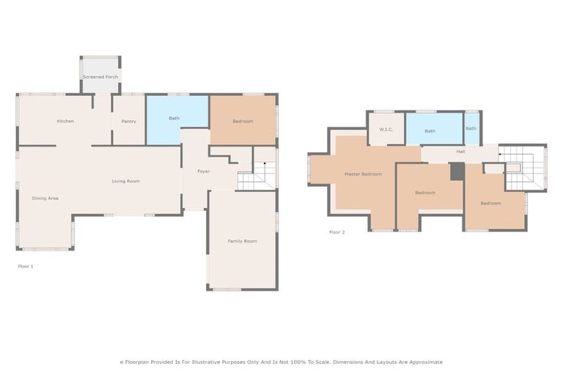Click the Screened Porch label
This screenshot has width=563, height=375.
pos(100,76)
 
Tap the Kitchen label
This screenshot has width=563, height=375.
pos(65,121)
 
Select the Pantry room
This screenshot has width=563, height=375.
pos(128,121)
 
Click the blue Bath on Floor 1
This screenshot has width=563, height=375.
pos(174,118)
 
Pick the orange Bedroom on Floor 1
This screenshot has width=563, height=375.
pos(243,120)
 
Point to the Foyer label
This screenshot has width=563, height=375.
pos(203,171)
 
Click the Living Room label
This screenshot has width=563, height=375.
pos(125,181)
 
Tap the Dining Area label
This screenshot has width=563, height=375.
pos(45,198)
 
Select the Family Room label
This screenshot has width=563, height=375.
pos(242,241)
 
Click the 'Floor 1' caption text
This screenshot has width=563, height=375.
pos(25,266)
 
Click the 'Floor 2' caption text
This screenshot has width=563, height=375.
pos(336,232)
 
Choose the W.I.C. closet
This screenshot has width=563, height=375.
pos(386,130)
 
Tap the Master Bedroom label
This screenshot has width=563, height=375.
pos(363,174)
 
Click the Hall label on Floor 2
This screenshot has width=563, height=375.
pos(460,152)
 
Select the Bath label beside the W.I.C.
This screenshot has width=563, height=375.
pos(430,131)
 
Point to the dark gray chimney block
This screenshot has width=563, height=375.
pos(457,171)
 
